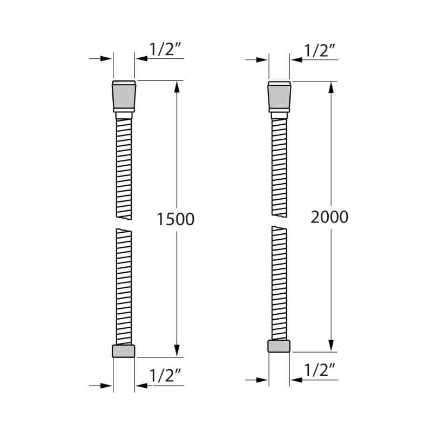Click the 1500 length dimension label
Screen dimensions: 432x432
click(x=175, y=219)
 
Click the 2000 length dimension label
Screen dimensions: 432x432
click(x=329, y=217)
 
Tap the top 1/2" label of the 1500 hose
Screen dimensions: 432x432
click(x=165, y=49)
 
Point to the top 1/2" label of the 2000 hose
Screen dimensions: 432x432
click(x=319, y=50)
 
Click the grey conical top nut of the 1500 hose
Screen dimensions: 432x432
click(x=124, y=96)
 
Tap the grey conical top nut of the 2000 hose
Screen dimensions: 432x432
click(x=279, y=97)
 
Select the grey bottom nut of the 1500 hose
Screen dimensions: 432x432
click(x=124, y=352)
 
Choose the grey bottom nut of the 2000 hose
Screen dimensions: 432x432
click(x=279, y=346)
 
